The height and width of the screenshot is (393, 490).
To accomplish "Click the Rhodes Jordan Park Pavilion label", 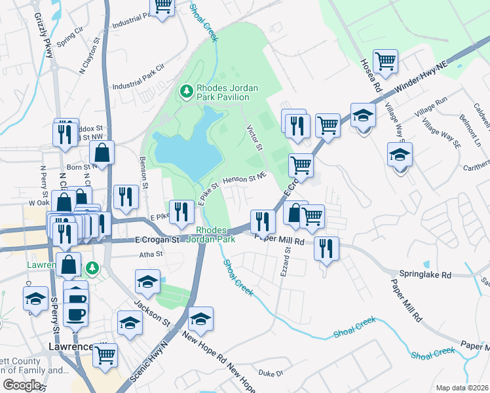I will [x=223, y=92].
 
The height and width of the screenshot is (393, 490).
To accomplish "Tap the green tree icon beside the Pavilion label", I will [x=187, y=92].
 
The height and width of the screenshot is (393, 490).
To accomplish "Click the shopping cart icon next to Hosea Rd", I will [x=386, y=62].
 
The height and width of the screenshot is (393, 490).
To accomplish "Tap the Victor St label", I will [x=254, y=138].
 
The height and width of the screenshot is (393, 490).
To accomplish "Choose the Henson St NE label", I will [x=244, y=178].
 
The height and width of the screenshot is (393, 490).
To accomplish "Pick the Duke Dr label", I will [x=270, y=373].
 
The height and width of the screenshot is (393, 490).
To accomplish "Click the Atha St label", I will [x=150, y=254].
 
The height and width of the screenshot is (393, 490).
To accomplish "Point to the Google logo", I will [x=22, y=385].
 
